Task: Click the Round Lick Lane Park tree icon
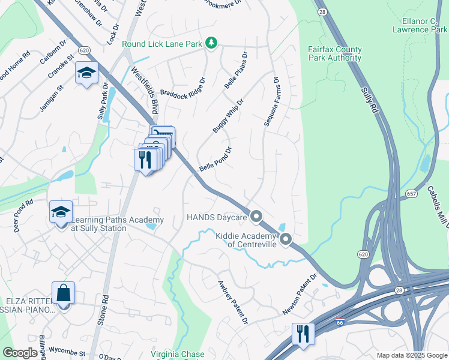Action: point(211,43)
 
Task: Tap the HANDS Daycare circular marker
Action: point(256,216)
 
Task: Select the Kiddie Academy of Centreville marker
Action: point(286,240)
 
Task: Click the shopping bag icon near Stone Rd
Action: point(63,294)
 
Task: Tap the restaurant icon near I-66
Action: point(303,334)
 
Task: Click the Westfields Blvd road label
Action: point(145,91)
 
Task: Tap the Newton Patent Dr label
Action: point(300,296)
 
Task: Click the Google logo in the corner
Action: point(20,353)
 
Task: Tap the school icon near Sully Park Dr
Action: point(86,73)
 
